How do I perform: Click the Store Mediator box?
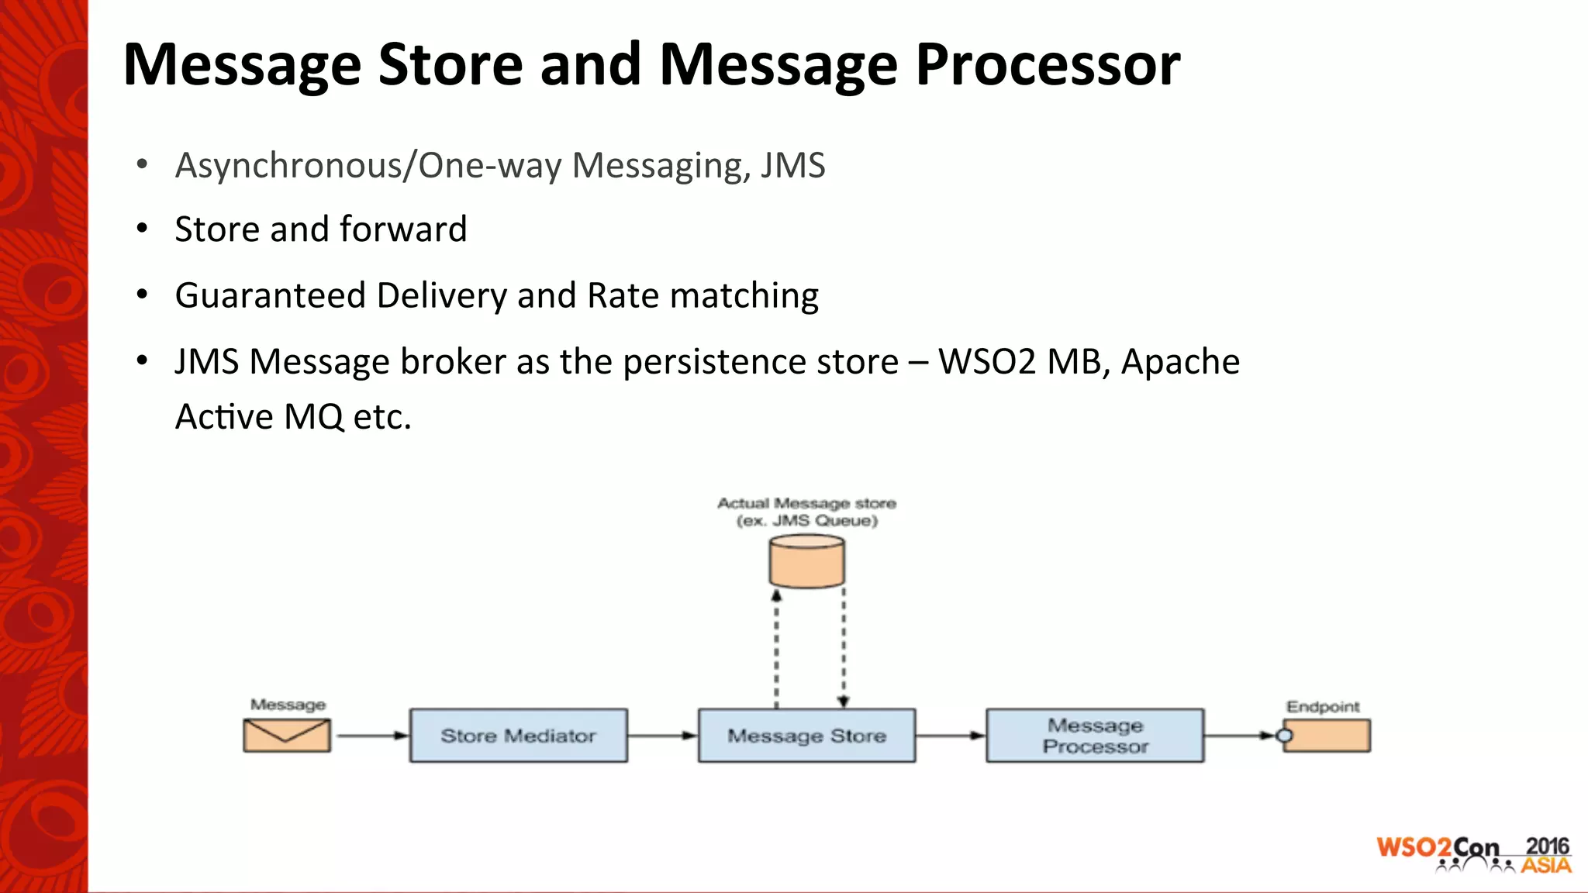pyautogui.click(x=518, y=735)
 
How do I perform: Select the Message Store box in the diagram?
pyautogui.click(x=806, y=735)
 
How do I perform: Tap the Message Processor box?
pyautogui.click(x=1095, y=735)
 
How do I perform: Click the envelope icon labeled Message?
pyautogui.click(x=287, y=735)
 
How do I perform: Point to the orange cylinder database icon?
pyautogui.click(x=806, y=561)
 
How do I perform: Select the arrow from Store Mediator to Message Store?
pyautogui.click(x=662, y=735)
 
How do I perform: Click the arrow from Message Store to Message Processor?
pyautogui.click(x=951, y=735)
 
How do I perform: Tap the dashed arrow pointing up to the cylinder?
pyautogui.click(x=776, y=648)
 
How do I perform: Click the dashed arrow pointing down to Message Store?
pyautogui.click(x=844, y=648)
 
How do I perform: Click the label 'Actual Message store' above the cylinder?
pyautogui.click(x=806, y=503)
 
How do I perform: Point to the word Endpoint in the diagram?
pyautogui.click(x=1323, y=706)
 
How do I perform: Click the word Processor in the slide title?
pyautogui.click(x=1048, y=65)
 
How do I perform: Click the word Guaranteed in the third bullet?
pyautogui.click(x=271, y=295)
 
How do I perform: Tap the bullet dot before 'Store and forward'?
pyautogui.click(x=142, y=229)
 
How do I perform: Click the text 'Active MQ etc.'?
pyautogui.click(x=293, y=417)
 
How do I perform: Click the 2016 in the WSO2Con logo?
pyautogui.click(x=1546, y=846)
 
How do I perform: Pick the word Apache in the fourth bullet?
pyautogui.click(x=1180, y=362)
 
